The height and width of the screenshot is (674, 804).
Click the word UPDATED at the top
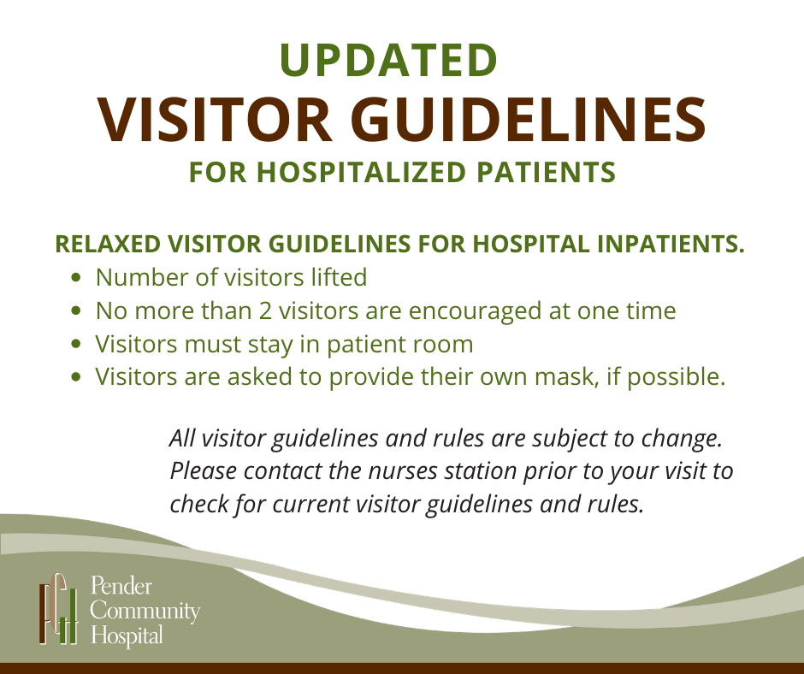[x=388, y=60]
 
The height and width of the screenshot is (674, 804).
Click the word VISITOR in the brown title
[x=215, y=119]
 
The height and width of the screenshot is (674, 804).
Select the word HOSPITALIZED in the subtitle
[x=361, y=172]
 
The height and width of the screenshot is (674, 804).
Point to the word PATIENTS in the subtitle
[x=546, y=172]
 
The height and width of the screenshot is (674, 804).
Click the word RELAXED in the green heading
[x=108, y=244]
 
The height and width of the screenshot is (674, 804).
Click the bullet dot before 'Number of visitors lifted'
[x=76, y=278]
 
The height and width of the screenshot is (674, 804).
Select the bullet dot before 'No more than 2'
[x=76, y=310]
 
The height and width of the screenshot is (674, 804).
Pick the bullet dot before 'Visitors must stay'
[x=76, y=344]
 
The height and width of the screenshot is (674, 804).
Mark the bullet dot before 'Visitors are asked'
[x=76, y=377]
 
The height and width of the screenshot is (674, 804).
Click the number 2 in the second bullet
[x=265, y=310]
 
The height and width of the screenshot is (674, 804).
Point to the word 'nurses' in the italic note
[x=403, y=471]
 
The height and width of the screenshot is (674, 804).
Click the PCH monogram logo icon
[x=59, y=608]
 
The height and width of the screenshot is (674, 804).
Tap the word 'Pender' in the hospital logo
[x=121, y=586]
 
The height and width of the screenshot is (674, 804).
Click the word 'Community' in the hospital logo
[x=145, y=612]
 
